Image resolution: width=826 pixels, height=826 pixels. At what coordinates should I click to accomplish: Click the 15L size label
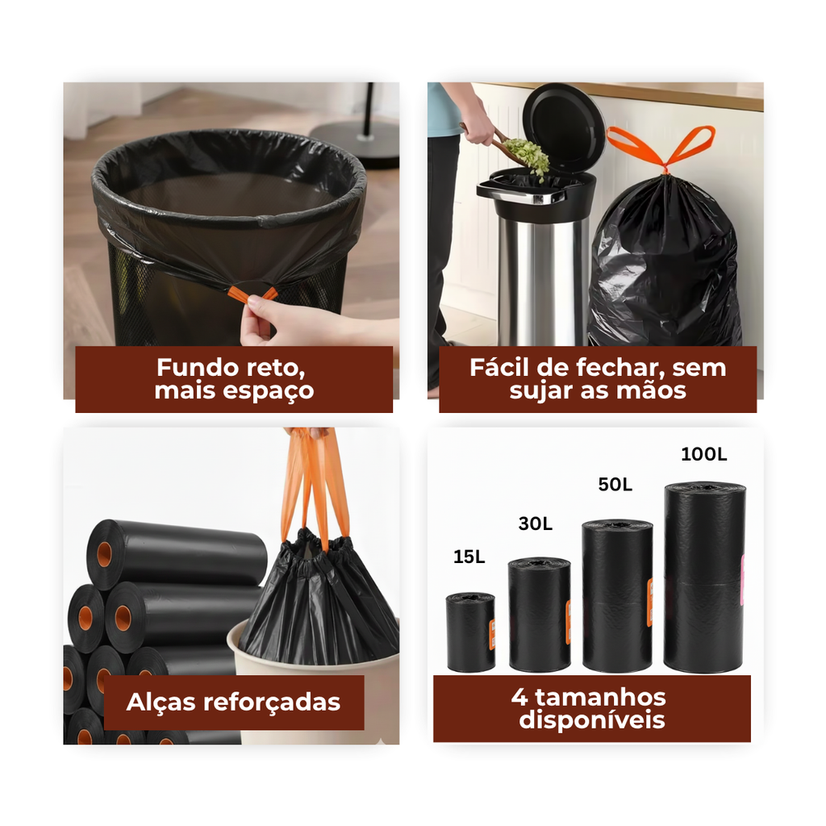[469, 557]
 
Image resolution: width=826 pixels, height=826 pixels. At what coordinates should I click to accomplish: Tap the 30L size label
[536, 524]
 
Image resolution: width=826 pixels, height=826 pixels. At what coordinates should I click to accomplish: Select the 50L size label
[615, 485]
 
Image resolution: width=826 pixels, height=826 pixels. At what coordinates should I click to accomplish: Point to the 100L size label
[703, 454]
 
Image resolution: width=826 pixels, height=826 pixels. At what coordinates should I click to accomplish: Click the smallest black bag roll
[470, 632]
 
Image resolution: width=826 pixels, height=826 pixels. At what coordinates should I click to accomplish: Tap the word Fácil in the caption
[499, 367]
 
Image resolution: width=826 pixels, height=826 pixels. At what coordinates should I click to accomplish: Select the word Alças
[161, 703]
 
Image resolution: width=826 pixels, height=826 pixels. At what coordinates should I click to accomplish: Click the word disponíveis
[591, 720]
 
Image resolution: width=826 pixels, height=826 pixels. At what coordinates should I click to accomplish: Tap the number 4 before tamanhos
[519, 698]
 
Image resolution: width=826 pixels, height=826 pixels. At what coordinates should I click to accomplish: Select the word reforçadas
[272, 703]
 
